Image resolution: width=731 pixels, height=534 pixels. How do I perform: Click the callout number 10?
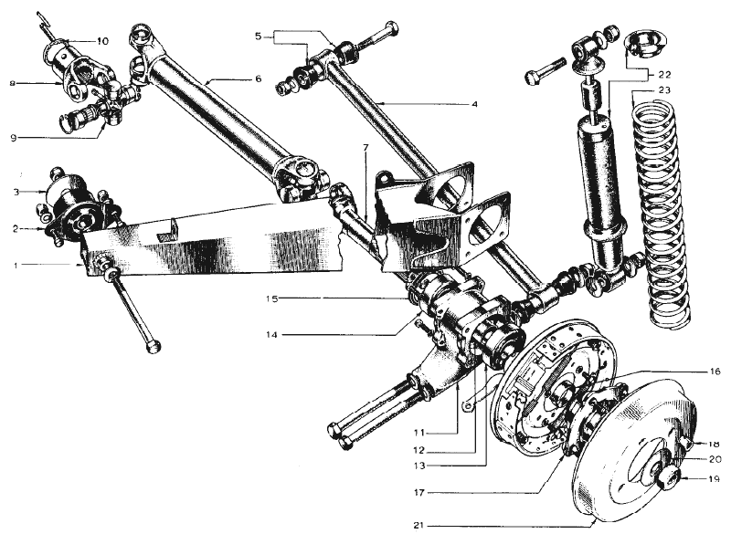[102, 41]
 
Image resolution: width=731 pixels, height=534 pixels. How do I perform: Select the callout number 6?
[259, 79]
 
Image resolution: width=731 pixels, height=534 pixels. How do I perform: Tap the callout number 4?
[474, 104]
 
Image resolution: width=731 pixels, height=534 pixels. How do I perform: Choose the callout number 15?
[271, 298]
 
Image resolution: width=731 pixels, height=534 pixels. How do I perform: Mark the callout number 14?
[271, 335]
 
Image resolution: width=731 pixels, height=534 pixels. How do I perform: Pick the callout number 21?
[418, 526]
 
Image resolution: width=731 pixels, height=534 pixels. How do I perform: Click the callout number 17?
[418, 492]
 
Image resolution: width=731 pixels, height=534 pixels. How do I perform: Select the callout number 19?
[714, 478]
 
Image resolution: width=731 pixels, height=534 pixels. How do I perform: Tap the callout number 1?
[16, 266]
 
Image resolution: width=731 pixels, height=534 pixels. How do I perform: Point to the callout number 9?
[13, 138]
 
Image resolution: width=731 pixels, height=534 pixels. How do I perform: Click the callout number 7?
[365, 148]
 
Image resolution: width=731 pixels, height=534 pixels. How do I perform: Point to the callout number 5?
[259, 36]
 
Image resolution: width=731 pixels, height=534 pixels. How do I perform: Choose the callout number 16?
[715, 371]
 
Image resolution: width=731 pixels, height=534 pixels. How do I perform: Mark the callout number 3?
[16, 192]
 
